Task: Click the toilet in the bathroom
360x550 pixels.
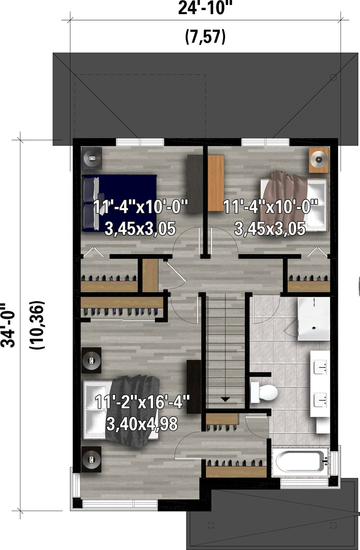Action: pos(263,392)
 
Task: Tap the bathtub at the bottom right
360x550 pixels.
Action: pos(301,461)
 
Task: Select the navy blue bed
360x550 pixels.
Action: pos(119,203)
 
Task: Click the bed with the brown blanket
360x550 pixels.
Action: pos(293,203)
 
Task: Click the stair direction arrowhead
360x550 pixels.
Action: pos(225,399)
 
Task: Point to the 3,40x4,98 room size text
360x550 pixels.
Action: pos(141,424)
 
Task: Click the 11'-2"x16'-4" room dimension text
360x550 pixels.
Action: pos(142,402)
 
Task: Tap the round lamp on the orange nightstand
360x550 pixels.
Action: pos(318,160)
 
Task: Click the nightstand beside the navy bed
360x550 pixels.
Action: pos(92,158)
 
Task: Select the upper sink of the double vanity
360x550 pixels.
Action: pos(320,368)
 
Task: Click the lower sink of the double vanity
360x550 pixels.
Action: pos(320,400)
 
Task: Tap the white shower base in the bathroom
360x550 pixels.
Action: pos(313,319)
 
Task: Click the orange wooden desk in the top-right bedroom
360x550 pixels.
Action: pos(216,183)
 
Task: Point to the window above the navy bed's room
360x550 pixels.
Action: pos(140,142)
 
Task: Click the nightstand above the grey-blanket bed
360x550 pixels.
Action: pos(91,360)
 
